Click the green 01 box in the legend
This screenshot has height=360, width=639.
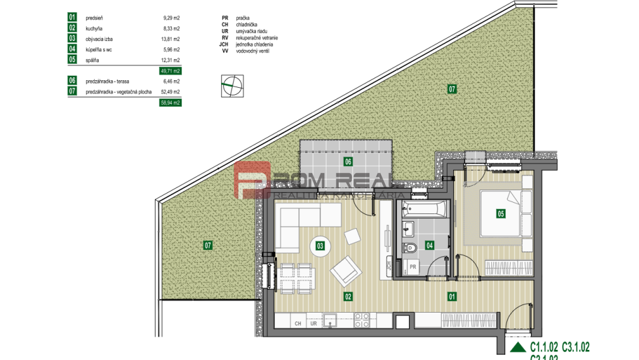pos(72,18)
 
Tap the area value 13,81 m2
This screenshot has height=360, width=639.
pos(171,39)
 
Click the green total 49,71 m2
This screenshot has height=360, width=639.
pos(171,71)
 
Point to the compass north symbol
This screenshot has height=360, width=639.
pos(232,86)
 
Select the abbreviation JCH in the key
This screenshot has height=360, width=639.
pos(223,45)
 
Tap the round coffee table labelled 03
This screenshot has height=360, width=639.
pos(320,246)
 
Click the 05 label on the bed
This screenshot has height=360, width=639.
pos(501,213)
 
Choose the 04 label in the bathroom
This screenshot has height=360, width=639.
pos(430,245)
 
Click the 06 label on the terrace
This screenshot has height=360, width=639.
pos(347,162)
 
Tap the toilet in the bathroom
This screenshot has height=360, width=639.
pos(409,246)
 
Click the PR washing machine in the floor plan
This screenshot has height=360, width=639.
pos(413,267)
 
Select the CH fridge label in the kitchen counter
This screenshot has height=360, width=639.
pos(298,323)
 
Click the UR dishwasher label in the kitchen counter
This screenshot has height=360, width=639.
pos(313,323)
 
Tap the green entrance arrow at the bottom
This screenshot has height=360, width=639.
pos(518,347)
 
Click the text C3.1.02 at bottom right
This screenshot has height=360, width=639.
pos(575,346)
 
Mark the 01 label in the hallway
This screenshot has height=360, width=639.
pos(452,296)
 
